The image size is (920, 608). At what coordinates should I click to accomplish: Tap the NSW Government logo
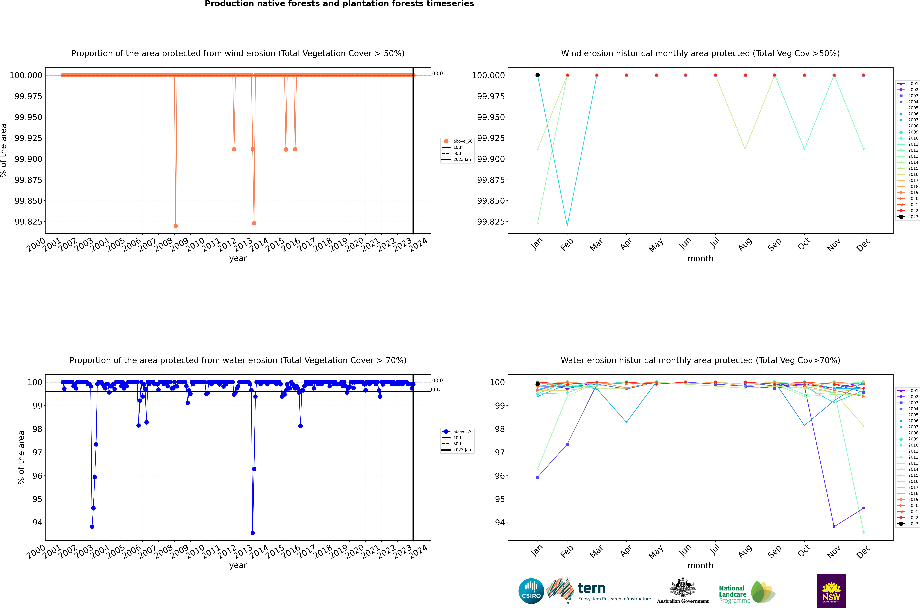click(831, 591)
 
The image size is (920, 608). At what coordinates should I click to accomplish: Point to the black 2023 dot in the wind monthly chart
click(537, 75)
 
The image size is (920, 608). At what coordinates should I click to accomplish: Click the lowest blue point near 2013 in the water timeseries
click(253, 533)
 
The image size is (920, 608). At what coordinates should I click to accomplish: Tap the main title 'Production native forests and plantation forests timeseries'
click(339, 4)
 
